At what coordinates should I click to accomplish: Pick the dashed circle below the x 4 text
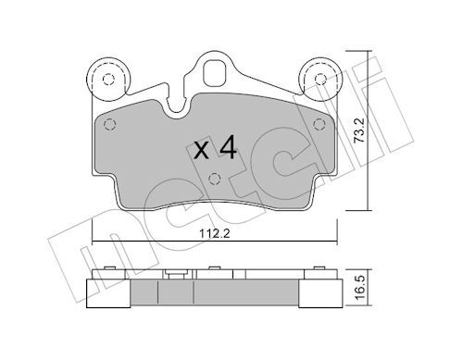[x=215, y=178]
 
